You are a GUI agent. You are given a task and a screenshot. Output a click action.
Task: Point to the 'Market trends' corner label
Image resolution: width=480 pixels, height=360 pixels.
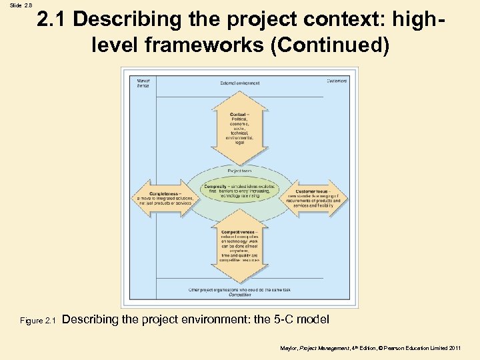(142, 84)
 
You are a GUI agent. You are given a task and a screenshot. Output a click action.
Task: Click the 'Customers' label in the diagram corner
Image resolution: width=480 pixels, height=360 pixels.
(337, 81)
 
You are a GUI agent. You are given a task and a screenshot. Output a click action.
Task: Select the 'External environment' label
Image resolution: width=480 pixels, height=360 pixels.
(239, 83)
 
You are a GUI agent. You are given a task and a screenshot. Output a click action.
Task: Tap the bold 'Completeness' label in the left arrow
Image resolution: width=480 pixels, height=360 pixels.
(163, 193)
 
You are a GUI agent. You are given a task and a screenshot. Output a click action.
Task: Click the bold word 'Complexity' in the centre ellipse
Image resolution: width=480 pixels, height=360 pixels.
(217, 186)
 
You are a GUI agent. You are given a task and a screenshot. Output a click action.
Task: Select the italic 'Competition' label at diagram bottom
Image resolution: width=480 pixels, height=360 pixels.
(239, 294)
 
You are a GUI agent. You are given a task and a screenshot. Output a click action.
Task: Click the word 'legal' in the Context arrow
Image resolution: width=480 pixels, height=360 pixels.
(239, 142)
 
